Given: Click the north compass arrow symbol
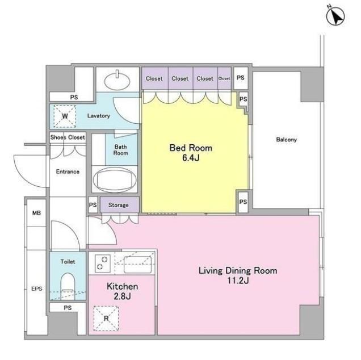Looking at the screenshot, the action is coord(335,16).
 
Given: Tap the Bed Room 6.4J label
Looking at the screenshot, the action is coord(191,153).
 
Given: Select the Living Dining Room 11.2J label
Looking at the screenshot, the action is coord(238,275).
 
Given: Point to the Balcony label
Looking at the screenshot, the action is coord(287,139).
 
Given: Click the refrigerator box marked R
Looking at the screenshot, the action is coord(106,319).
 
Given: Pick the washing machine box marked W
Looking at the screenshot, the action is coord(65,116).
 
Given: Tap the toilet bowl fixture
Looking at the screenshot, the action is coord(68,286).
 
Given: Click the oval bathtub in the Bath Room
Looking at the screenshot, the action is coord(115,179).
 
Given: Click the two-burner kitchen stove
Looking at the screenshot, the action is coord(103,263).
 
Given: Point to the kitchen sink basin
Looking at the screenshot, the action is coord(138,265).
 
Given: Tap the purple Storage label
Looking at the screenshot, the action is coord(118,205).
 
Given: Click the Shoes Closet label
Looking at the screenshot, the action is coord(68,137).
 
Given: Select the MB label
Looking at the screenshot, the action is coord(36,213).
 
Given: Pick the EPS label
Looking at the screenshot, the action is coord(37,288).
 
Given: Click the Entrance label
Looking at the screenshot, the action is coord(68,171).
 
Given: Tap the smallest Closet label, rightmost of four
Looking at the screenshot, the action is coord(224,78).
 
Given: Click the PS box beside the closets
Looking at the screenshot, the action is coord(241,78).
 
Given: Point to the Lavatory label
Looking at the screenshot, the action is coord(99,116).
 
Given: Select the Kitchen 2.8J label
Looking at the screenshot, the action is coord(122,291).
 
